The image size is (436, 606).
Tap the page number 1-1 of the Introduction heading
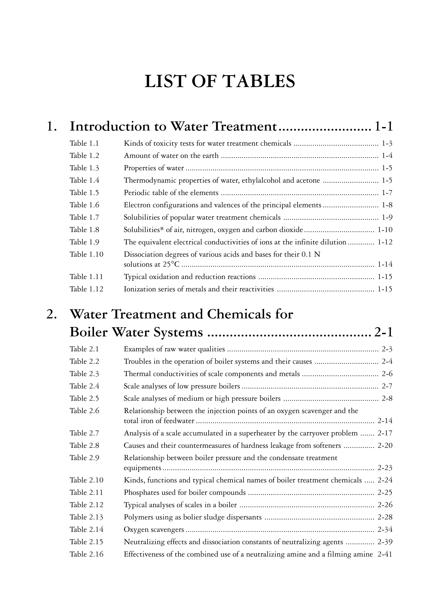point(383,126)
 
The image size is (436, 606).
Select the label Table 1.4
point(84,180)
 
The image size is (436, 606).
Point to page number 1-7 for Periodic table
point(387,193)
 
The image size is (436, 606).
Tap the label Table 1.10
point(86,254)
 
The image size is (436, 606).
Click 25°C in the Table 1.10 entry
point(171,264)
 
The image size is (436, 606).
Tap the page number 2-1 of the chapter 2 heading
point(383,332)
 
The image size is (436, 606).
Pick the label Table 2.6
point(84,411)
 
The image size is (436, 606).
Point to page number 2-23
point(385,468)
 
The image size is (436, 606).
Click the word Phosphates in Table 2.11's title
point(139,492)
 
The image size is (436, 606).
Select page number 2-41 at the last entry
point(385,554)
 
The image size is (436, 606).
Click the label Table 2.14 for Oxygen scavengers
point(86,529)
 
